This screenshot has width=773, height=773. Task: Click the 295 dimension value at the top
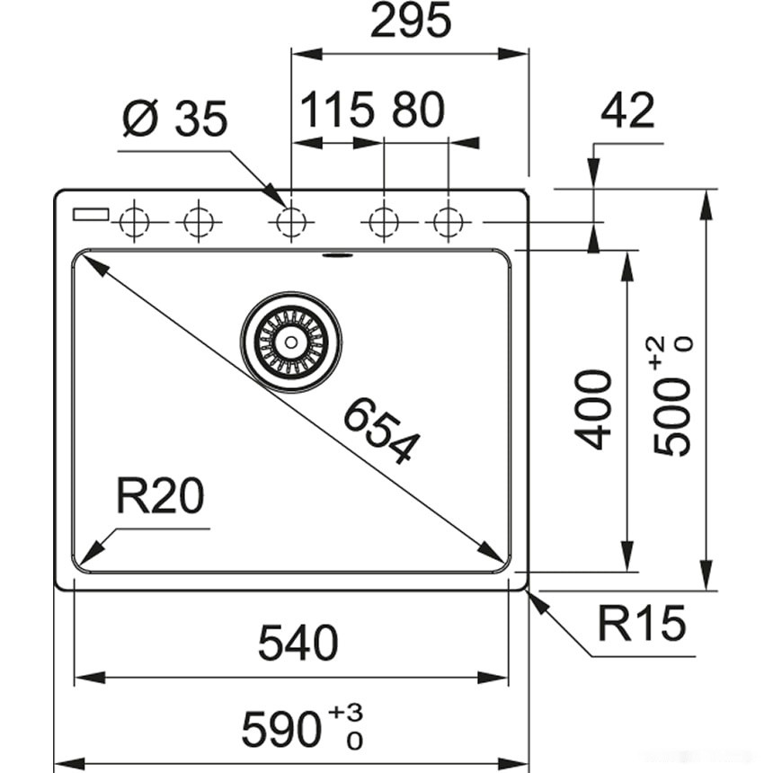[x=410, y=22]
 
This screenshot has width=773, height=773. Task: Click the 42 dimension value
[x=627, y=111]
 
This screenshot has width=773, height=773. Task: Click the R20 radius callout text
[x=159, y=496]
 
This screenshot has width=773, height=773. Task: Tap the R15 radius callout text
[x=641, y=624]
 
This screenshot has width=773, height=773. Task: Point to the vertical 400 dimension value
[x=595, y=409]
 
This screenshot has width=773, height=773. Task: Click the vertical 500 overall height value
[x=671, y=418]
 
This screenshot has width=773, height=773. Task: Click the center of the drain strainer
[x=290, y=341]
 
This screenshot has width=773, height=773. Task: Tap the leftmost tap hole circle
[x=134, y=220]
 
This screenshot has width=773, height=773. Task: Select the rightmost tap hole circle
[x=449, y=220]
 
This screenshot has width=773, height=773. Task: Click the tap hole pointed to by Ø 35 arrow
[x=290, y=220]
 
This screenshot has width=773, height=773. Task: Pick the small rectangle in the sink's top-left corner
[x=91, y=214]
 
